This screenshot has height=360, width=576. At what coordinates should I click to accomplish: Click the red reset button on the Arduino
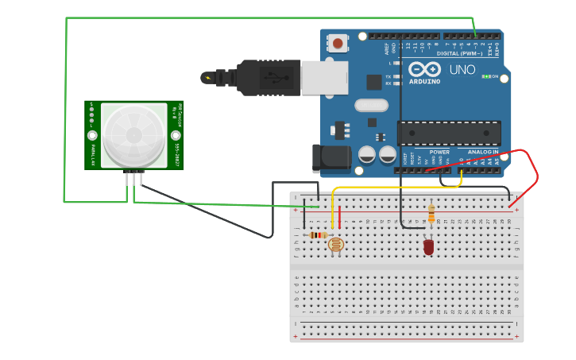(338, 43)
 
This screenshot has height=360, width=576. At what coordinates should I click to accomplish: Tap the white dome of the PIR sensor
(133, 135)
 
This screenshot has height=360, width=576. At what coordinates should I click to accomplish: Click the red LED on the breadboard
(429, 247)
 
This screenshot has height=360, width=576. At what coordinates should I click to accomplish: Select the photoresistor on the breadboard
(336, 244)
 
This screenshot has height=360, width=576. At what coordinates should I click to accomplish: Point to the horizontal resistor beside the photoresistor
(318, 234)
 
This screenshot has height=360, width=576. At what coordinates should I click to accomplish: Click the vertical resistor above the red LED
(431, 213)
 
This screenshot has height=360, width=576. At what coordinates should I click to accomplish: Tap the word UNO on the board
(462, 70)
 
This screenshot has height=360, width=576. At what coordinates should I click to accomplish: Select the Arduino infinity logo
(426, 70)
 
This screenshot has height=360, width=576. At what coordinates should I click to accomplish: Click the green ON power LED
(486, 76)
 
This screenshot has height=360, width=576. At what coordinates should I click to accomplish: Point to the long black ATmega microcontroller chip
(449, 133)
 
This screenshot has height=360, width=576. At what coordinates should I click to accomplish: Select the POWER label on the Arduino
(439, 151)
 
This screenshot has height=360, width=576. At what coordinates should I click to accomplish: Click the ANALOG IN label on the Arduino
(483, 151)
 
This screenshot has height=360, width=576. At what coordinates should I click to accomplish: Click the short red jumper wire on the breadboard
(340, 217)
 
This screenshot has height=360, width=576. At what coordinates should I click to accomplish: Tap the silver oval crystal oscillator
(371, 105)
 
